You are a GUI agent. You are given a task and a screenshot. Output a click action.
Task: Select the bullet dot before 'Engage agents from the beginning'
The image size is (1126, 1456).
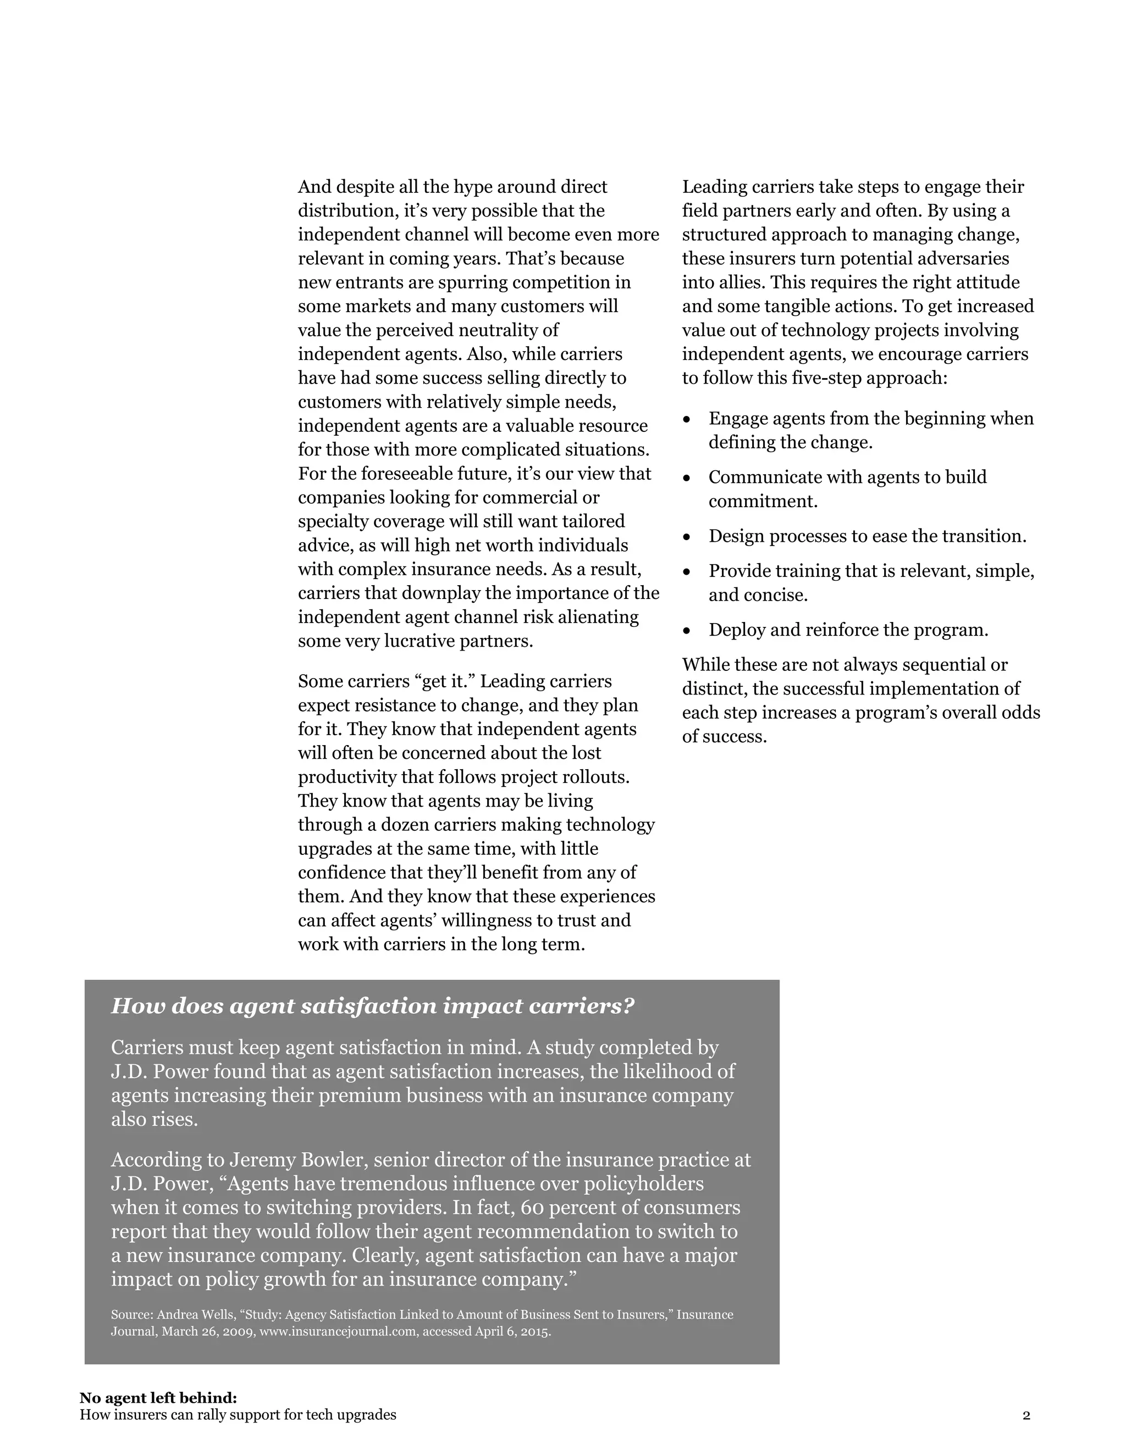click(x=687, y=419)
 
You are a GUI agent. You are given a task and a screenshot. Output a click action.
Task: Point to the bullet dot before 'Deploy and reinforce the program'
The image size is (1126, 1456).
click(x=687, y=631)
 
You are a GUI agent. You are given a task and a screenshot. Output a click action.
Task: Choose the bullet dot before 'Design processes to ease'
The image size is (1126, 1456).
click(x=687, y=537)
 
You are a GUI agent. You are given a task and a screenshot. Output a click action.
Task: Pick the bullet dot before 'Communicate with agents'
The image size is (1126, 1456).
click(x=687, y=478)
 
